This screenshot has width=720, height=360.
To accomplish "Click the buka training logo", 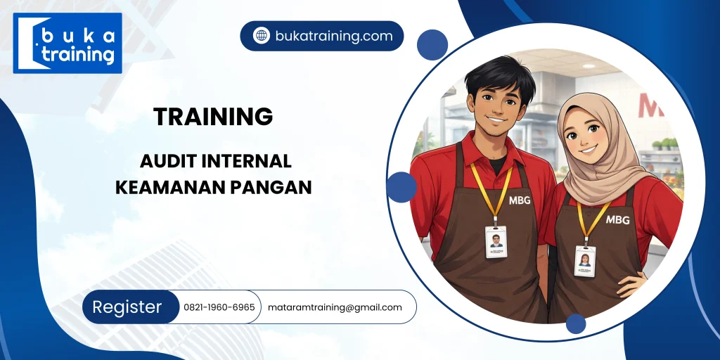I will click(x=67, y=43).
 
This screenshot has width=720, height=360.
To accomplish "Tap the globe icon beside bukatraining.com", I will click(x=262, y=36).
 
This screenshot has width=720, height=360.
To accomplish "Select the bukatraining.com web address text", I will click(x=334, y=36).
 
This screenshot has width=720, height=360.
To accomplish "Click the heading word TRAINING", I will click(x=213, y=117).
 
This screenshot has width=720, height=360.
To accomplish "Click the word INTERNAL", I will click(x=247, y=161).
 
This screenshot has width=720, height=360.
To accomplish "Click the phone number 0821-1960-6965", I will click(x=219, y=307).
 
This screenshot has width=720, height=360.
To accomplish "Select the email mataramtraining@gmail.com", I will click(x=335, y=307).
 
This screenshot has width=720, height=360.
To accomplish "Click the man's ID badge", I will click(x=496, y=241).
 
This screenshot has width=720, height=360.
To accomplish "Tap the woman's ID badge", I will click(x=584, y=260).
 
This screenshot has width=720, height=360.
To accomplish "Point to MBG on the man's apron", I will click(x=520, y=201).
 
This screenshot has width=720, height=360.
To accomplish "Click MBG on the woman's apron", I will click(x=617, y=219).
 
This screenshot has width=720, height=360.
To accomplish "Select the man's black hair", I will click(x=500, y=77).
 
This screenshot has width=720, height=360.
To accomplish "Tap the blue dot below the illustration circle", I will click(x=576, y=323).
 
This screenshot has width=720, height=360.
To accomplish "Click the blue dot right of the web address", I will click(x=432, y=44).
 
